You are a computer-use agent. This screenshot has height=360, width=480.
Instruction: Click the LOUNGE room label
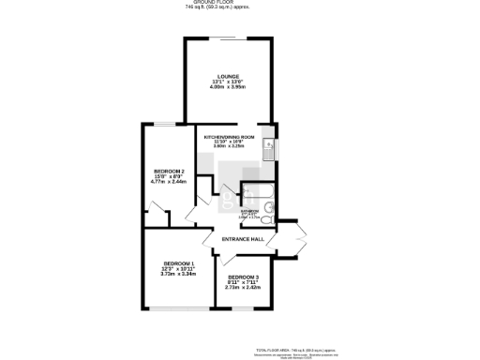coord(228,76)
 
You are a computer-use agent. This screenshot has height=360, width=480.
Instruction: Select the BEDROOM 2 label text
coord(169,171)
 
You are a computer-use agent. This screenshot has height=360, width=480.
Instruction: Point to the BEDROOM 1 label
coord(177,263)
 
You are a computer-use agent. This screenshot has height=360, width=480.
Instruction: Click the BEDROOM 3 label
coord(242,277)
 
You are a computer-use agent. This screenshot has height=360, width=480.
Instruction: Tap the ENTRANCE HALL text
coord(242,240)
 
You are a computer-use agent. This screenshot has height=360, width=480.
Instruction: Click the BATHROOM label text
coord(249,212)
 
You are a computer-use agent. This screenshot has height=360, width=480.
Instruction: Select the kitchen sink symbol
coord(269,145)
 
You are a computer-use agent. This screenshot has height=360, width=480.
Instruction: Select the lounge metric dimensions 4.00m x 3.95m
coord(228,86)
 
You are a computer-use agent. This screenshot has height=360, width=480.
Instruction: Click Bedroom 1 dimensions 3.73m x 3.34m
coord(177,275)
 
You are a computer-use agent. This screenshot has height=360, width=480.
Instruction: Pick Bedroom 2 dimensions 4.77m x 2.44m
coord(169,182)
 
